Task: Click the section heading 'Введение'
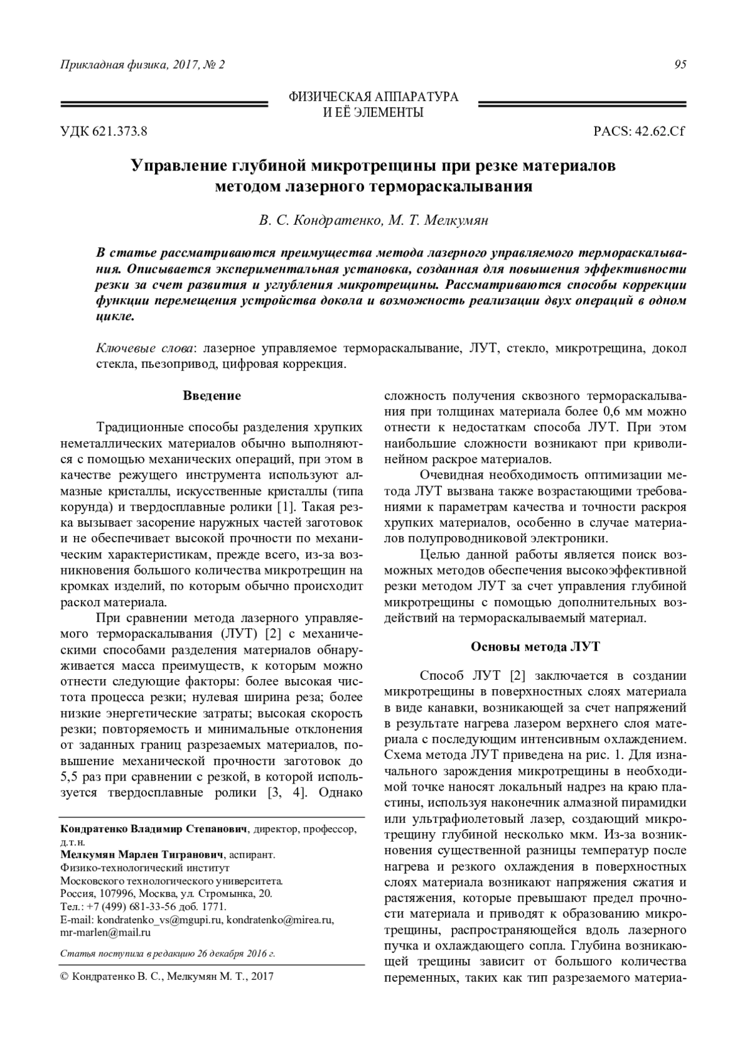pos(212,396)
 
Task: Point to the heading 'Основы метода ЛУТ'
pos(535,646)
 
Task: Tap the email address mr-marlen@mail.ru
pos(106,933)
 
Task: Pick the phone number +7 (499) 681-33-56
pos(126,906)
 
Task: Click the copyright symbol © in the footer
pos(63,977)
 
